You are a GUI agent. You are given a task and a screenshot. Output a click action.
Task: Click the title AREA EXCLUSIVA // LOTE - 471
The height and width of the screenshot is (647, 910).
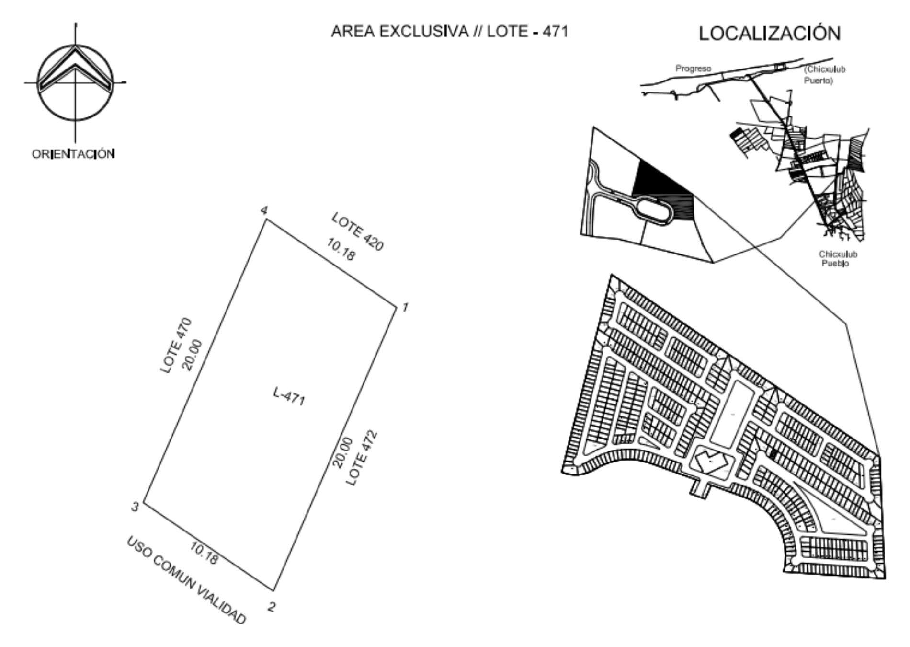(x=449, y=32)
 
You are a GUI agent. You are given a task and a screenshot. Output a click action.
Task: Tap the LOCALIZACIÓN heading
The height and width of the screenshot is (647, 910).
(x=770, y=33)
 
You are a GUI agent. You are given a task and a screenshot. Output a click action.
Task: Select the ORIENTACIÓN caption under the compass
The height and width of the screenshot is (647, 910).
(x=73, y=154)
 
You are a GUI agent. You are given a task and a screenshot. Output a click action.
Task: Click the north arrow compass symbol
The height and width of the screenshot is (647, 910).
(x=75, y=82)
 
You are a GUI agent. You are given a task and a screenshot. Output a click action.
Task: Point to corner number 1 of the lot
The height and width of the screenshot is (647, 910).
(x=397, y=305)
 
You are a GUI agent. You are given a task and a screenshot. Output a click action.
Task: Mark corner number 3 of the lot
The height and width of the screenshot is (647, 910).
(x=143, y=504)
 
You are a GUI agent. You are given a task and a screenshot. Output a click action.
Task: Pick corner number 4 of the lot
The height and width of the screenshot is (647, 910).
(x=266, y=219)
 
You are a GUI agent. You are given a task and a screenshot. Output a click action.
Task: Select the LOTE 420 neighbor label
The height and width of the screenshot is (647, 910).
(x=358, y=232)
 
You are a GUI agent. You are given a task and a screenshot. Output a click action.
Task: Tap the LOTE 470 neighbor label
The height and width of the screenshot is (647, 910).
(x=176, y=345)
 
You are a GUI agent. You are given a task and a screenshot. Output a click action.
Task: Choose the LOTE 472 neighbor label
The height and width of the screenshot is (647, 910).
(x=362, y=458)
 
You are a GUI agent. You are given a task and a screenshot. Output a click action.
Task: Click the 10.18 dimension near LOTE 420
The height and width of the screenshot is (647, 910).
(x=341, y=250)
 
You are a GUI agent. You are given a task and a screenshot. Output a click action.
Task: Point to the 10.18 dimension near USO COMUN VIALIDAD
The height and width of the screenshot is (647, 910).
(x=205, y=553)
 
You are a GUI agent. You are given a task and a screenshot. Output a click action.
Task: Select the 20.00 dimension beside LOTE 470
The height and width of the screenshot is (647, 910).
(x=193, y=355)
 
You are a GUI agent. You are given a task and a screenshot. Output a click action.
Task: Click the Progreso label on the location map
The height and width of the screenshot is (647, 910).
(x=693, y=69)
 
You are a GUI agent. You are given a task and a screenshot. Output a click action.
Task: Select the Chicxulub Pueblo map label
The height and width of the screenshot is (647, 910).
(x=838, y=259)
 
